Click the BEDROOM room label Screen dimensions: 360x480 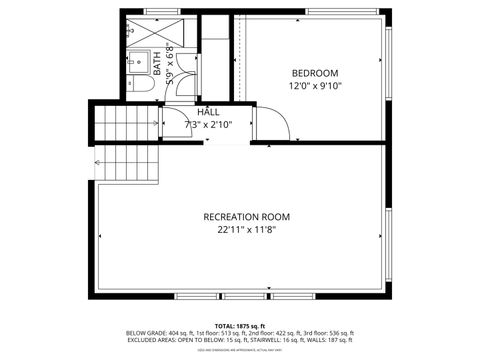315,73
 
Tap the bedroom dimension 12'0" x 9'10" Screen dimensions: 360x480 315,86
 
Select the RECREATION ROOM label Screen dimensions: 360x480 246,217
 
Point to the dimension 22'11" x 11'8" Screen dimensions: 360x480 246,230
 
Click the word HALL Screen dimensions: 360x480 208,112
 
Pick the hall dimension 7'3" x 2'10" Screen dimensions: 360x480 208,125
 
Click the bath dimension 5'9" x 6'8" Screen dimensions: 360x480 169,63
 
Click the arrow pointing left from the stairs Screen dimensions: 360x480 99,160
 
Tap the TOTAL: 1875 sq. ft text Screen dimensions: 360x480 239,326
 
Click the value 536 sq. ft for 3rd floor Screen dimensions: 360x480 337,333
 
